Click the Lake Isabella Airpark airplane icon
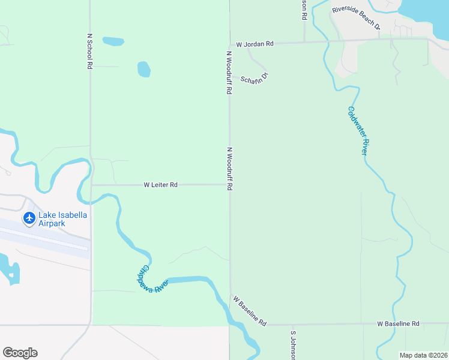point(29,218)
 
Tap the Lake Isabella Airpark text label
point(60,219)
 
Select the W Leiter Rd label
point(160,185)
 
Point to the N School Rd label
point(89,51)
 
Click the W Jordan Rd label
point(255,44)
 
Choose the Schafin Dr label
point(254,78)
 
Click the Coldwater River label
point(357,131)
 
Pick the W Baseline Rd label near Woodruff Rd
point(250,310)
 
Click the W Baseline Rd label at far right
point(398,324)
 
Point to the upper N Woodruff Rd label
point(229,72)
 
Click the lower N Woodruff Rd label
point(229,169)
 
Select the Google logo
point(20,353)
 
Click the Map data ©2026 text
point(423,355)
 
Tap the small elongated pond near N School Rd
point(113,41)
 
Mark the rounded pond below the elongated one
point(144,69)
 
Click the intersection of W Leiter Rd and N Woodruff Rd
point(229,185)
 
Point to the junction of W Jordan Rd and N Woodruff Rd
point(229,44)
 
